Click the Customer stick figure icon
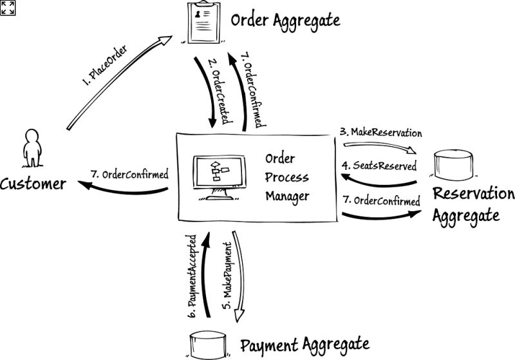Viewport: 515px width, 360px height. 30,149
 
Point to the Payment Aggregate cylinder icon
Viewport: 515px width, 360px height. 209,345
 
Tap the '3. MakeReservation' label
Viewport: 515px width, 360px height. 381,133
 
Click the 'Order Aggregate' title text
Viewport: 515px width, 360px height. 285,21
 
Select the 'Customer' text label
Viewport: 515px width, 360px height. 33,184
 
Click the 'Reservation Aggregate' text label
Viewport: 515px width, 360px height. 473,204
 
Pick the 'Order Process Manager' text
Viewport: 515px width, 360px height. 287,177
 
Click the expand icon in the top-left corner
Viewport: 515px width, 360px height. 8,7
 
